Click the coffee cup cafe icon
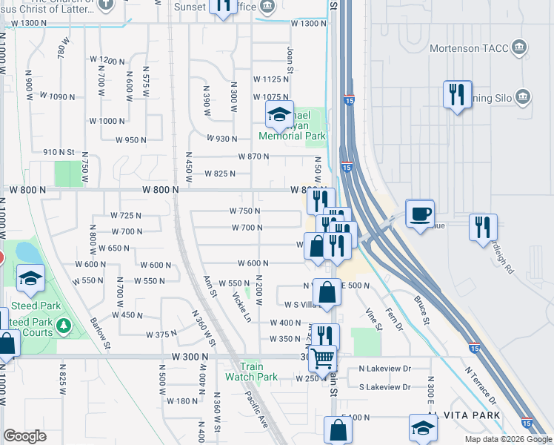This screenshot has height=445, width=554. pyautogui.click(x=420, y=214)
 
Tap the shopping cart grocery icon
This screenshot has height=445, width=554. pyautogui.click(x=323, y=358)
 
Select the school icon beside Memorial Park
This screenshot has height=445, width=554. pyautogui.click(x=279, y=115)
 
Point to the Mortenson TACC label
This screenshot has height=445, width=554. pyautogui.click(x=470, y=49)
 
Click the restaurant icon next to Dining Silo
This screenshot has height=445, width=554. pyautogui.click(x=456, y=95)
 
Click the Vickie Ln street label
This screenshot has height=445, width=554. pyautogui.click(x=241, y=306)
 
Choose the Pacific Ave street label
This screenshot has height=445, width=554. pyautogui.click(x=258, y=407)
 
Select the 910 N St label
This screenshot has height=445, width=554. pyautogui.click(x=59, y=152)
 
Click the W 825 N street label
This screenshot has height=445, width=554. pyautogui.click(x=220, y=174)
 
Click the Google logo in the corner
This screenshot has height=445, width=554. pyautogui.click(x=24, y=436)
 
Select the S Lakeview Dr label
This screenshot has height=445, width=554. pyautogui.click(x=384, y=387)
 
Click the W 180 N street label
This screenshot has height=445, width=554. pyautogui.click(x=179, y=401)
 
